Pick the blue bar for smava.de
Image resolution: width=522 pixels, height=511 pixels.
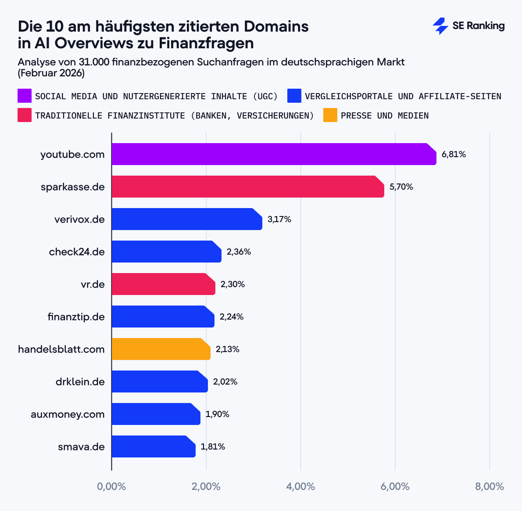pyautogui.click(x=154, y=446)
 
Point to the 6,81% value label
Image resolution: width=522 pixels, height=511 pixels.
pyautogui.click(x=454, y=155)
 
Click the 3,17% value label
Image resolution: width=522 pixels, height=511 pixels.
pyautogui.click(x=279, y=220)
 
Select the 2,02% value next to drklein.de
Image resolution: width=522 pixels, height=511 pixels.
pyautogui.click(x=225, y=382)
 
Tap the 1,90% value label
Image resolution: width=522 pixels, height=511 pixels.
pyautogui.click(x=217, y=414)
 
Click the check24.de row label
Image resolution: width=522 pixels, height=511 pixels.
pyautogui.click(x=77, y=252)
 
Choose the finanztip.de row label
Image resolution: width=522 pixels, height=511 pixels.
pyautogui.click(x=76, y=317)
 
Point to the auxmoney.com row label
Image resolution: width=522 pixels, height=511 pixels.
pyautogui.click(x=68, y=414)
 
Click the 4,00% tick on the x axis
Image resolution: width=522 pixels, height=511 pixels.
pyautogui.click(x=300, y=486)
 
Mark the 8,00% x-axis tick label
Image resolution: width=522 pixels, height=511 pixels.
pyautogui.click(x=490, y=486)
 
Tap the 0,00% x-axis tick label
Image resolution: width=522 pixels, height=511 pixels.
pyautogui.click(x=111, y=486)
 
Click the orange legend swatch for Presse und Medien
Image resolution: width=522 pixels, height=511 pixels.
pyautogui.click(x=330, y=115)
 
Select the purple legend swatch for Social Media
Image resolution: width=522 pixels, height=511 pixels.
pyautogui.click(x=25, y=96)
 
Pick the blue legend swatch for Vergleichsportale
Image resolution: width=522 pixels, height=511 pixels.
pyautogui.click(x=294, y=96)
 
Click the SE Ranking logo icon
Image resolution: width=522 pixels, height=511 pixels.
pyautogui.click(x=440, y=26)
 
